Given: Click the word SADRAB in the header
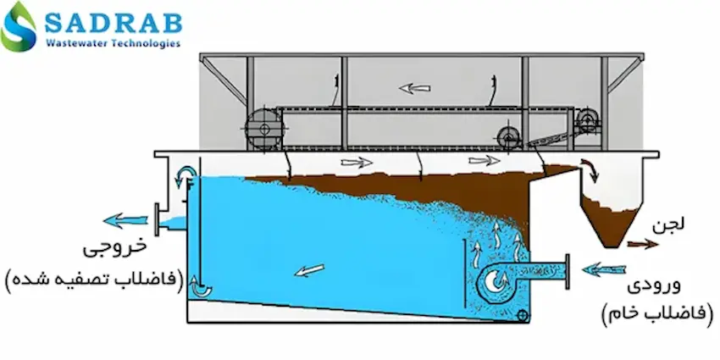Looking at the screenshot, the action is (113, 22).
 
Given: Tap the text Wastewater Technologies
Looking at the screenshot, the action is (113, 43).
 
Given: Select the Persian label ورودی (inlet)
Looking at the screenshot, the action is (654, 287).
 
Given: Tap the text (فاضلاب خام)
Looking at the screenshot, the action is (656, 313).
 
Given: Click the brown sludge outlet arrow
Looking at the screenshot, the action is (644, 244).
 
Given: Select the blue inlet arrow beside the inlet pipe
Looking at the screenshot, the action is (604, 269).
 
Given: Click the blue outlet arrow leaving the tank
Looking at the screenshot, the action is (126, 220).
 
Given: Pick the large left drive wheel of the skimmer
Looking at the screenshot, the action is (263, 129).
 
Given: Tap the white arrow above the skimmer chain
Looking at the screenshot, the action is (415, 88).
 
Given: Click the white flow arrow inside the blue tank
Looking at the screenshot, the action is (309, 270).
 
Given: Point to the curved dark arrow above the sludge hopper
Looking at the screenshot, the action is (590, 170).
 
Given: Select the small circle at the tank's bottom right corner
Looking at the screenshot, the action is (522, 315).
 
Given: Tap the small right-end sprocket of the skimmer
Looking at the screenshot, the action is (586, 120).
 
